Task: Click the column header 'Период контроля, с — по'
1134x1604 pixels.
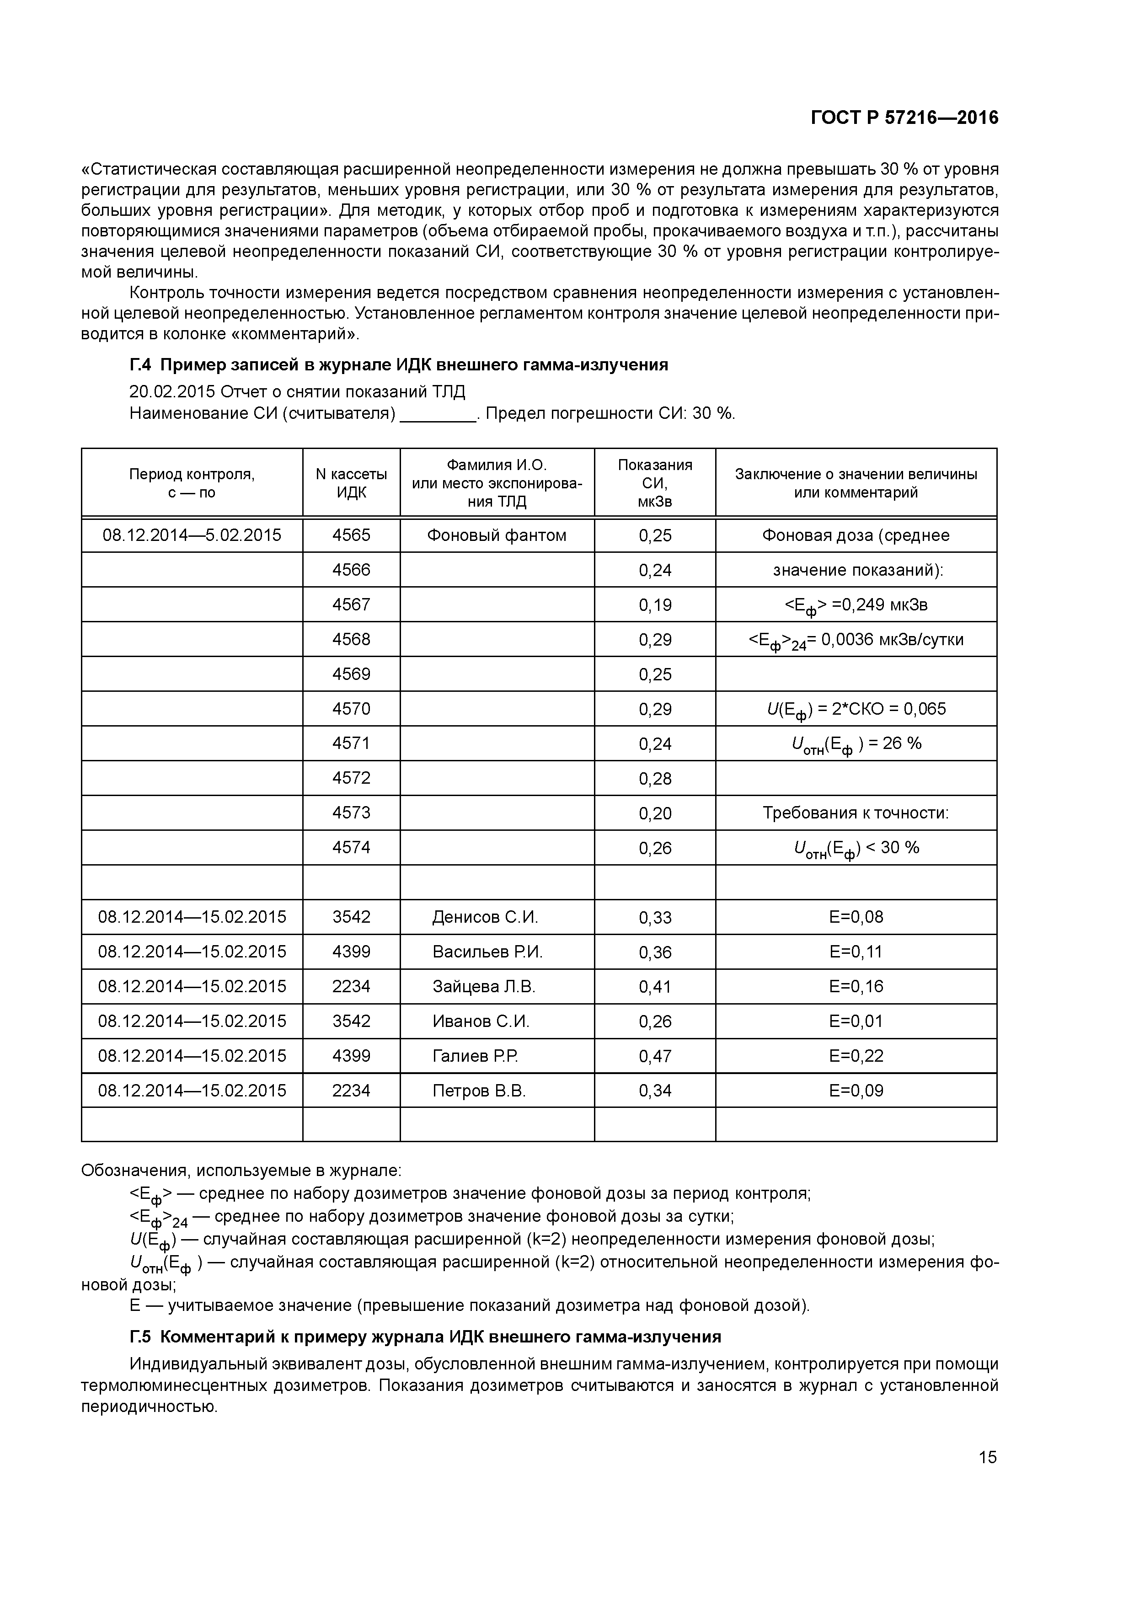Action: pyautogui.click(x=192, y=483)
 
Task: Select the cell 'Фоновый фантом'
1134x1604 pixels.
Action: pyautogui.click(x=496, y=535)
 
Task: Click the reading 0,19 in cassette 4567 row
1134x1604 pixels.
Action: pyautogui.click(x=655, y=605)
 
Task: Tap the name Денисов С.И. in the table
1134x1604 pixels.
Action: pyautogui.click(x=485, y=917)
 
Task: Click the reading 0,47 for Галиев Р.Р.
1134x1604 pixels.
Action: pyautogui.click(x=655, y=1056)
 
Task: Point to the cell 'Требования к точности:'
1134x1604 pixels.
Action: pyautogui.click(x=856, y=813)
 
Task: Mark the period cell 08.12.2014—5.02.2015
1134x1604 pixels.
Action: pyautogui.click(x=192, y=535)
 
